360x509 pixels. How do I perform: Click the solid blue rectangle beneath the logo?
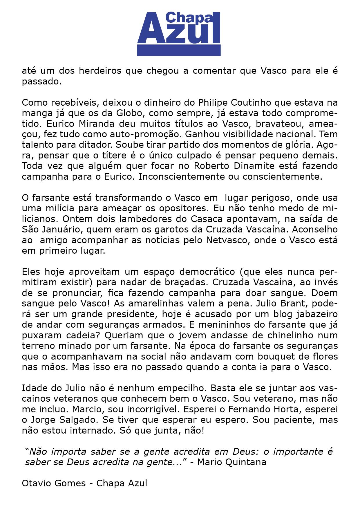[179, 50]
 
